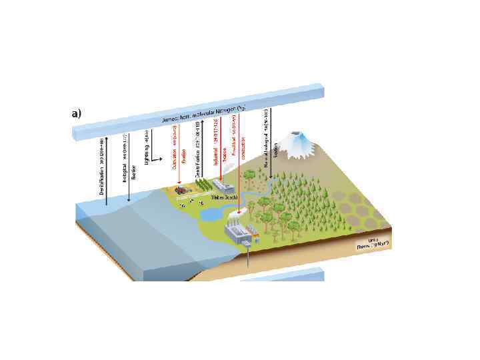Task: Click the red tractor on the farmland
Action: [x=180, y=189]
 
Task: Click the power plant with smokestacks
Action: [x=240, y=234]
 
